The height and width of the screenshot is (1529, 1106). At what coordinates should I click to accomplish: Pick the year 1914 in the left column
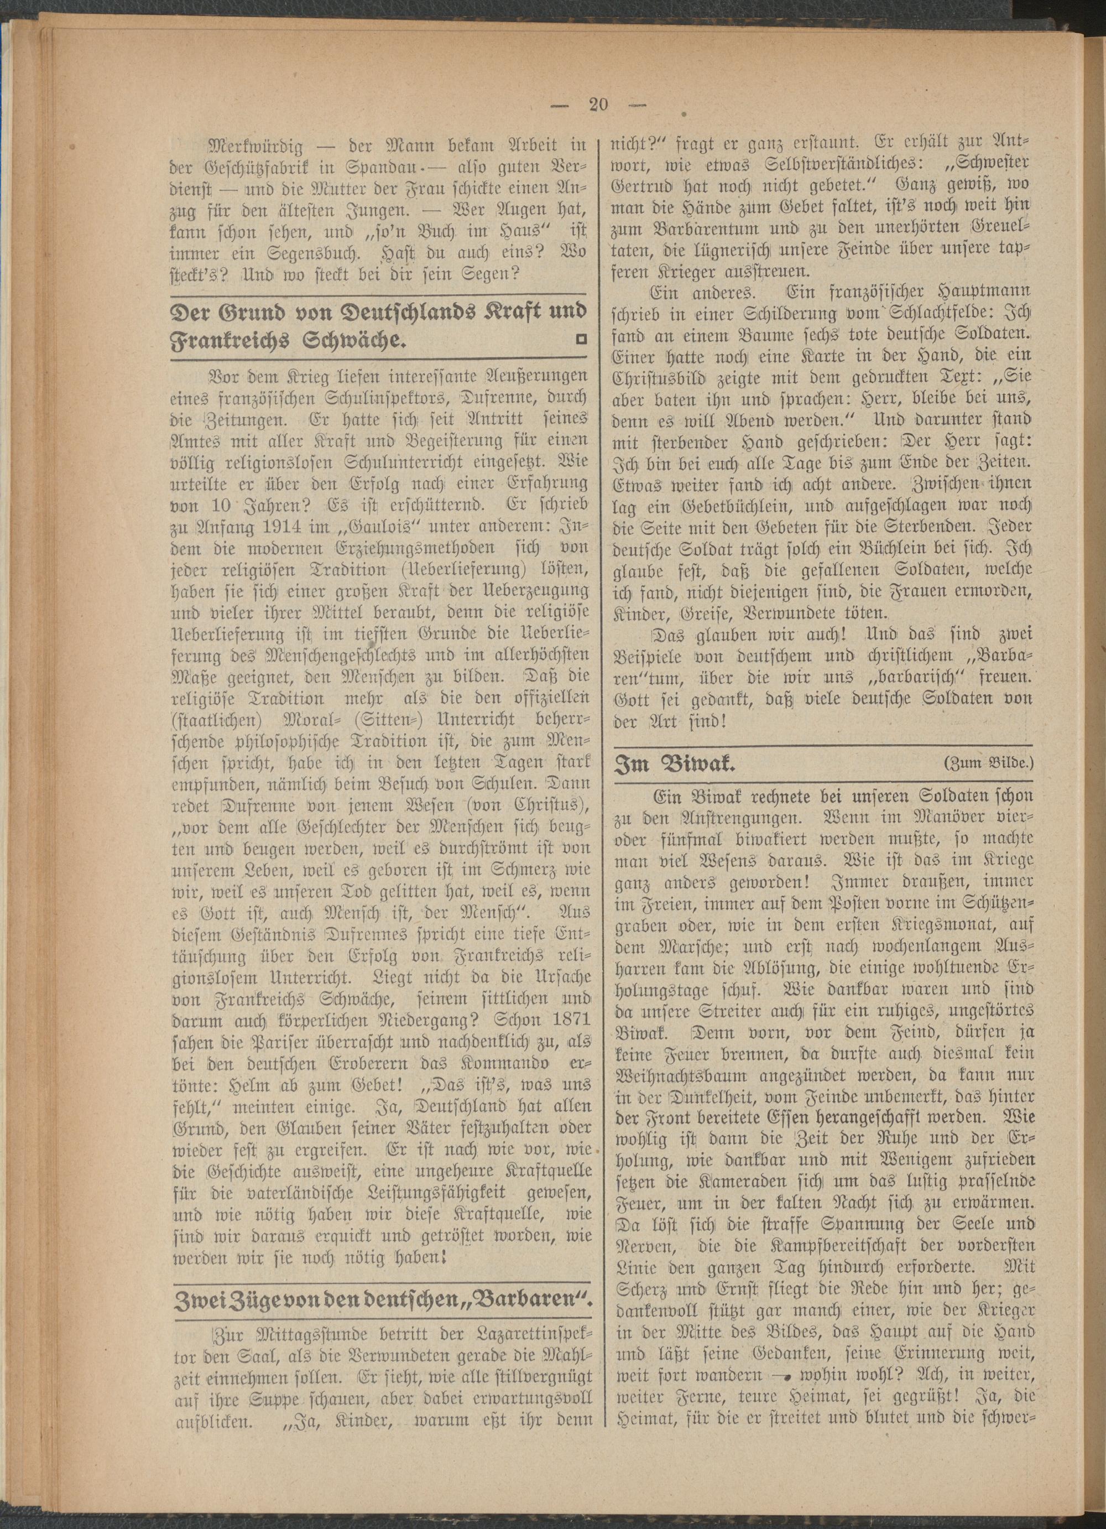(x=271, y=522)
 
